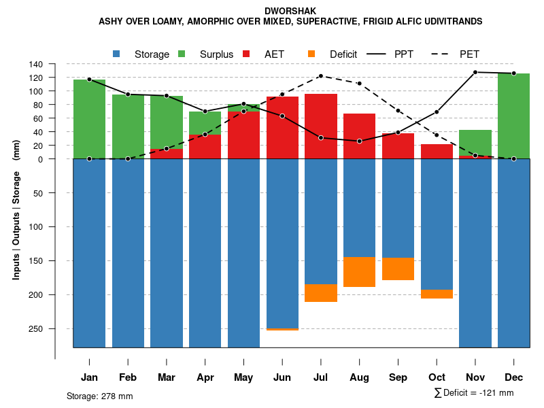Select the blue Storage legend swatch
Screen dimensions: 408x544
coord(117,54)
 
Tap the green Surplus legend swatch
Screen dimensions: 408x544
coord(182,54)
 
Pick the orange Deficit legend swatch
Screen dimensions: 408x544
coord(311,54)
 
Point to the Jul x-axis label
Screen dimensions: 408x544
coord(321,377)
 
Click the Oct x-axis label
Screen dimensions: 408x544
coord(437,377)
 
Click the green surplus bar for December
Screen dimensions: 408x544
coord(514,116)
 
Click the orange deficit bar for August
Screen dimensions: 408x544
coord(360,272)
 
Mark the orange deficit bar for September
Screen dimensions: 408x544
coord(398,269)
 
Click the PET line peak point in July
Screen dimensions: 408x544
coord(321,76)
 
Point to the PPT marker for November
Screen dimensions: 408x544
coord(475,72)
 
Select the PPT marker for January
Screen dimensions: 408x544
coord(89,80)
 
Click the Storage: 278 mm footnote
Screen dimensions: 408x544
coord(100,396)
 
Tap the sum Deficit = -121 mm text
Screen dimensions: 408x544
coord(474,393)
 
